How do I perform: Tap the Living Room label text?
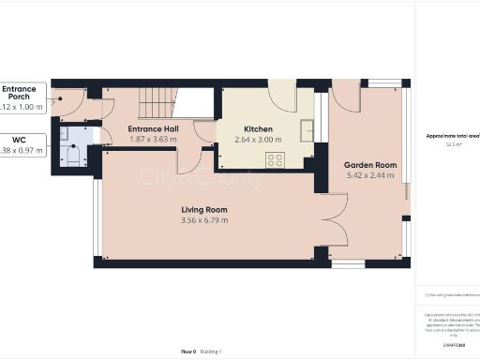(205, 209)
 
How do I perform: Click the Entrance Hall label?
(152, 128)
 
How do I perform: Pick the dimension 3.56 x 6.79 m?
(205, 220)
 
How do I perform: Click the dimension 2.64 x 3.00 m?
(258, 140)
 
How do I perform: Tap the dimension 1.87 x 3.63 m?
(152, 140)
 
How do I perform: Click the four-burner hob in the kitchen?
(276, 159)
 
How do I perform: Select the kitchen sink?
(306, 129)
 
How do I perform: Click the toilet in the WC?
(76, 156)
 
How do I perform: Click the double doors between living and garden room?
(323, 219)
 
